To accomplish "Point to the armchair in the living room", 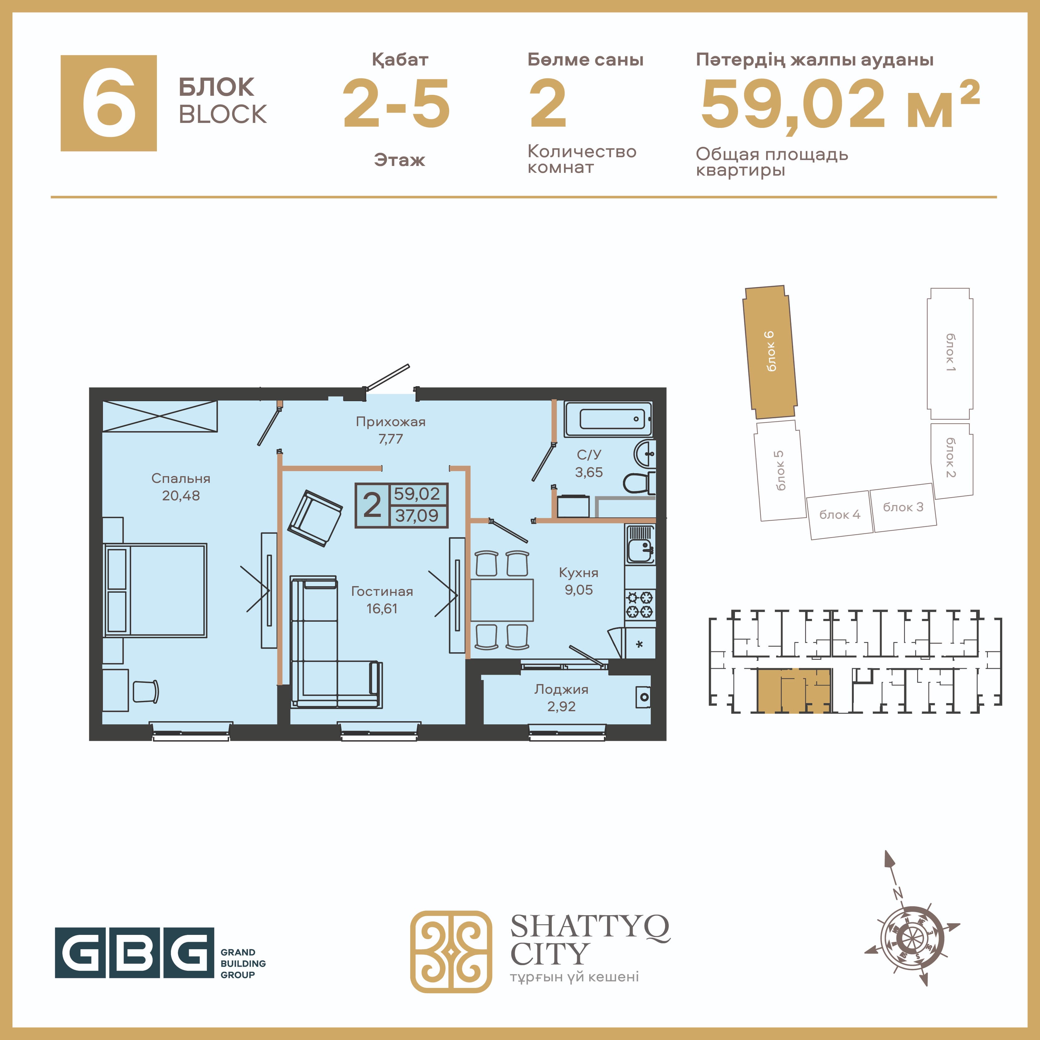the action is click(x=315, y=518).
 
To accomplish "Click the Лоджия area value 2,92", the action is click(x=561, y=706).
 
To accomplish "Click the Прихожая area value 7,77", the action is click(x=391, y=439).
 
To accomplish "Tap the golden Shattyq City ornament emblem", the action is click(x=451, y=952).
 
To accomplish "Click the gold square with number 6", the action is click(x=109, y=103).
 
